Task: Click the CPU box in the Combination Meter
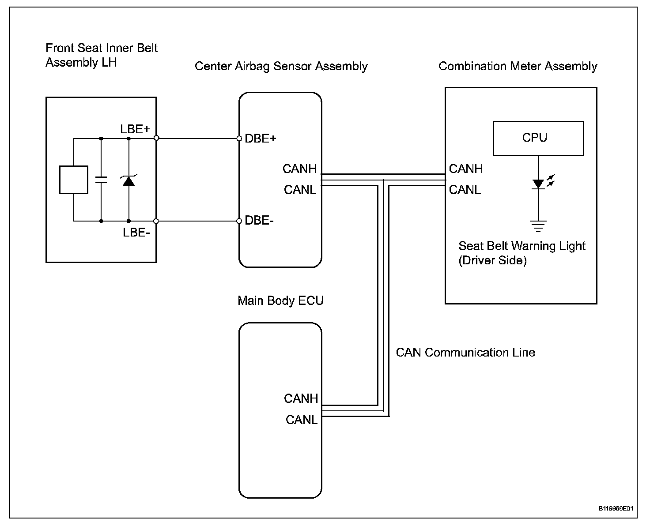click(538, 138)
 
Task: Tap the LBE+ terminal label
click(135, 129)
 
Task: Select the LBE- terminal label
click(136, 232)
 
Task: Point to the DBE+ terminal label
click(261, 139)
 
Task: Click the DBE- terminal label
click(259, 221)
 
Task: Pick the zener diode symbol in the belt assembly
click(128, 180)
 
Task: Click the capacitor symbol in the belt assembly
click(101, 180)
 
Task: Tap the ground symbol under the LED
click(538, 226)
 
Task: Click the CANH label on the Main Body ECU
click(301, 398)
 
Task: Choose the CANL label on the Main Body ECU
click(302, 420)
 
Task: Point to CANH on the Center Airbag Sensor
click(299, 169)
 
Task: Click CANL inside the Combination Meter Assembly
click(465, 190)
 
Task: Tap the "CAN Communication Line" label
click(465, 353)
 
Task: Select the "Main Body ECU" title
click(280, 301)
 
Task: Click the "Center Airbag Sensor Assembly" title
click(281, 66)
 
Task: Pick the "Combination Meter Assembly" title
click(518, 66)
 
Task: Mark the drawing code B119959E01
click(616, 509)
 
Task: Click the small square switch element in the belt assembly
click(74, 180)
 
